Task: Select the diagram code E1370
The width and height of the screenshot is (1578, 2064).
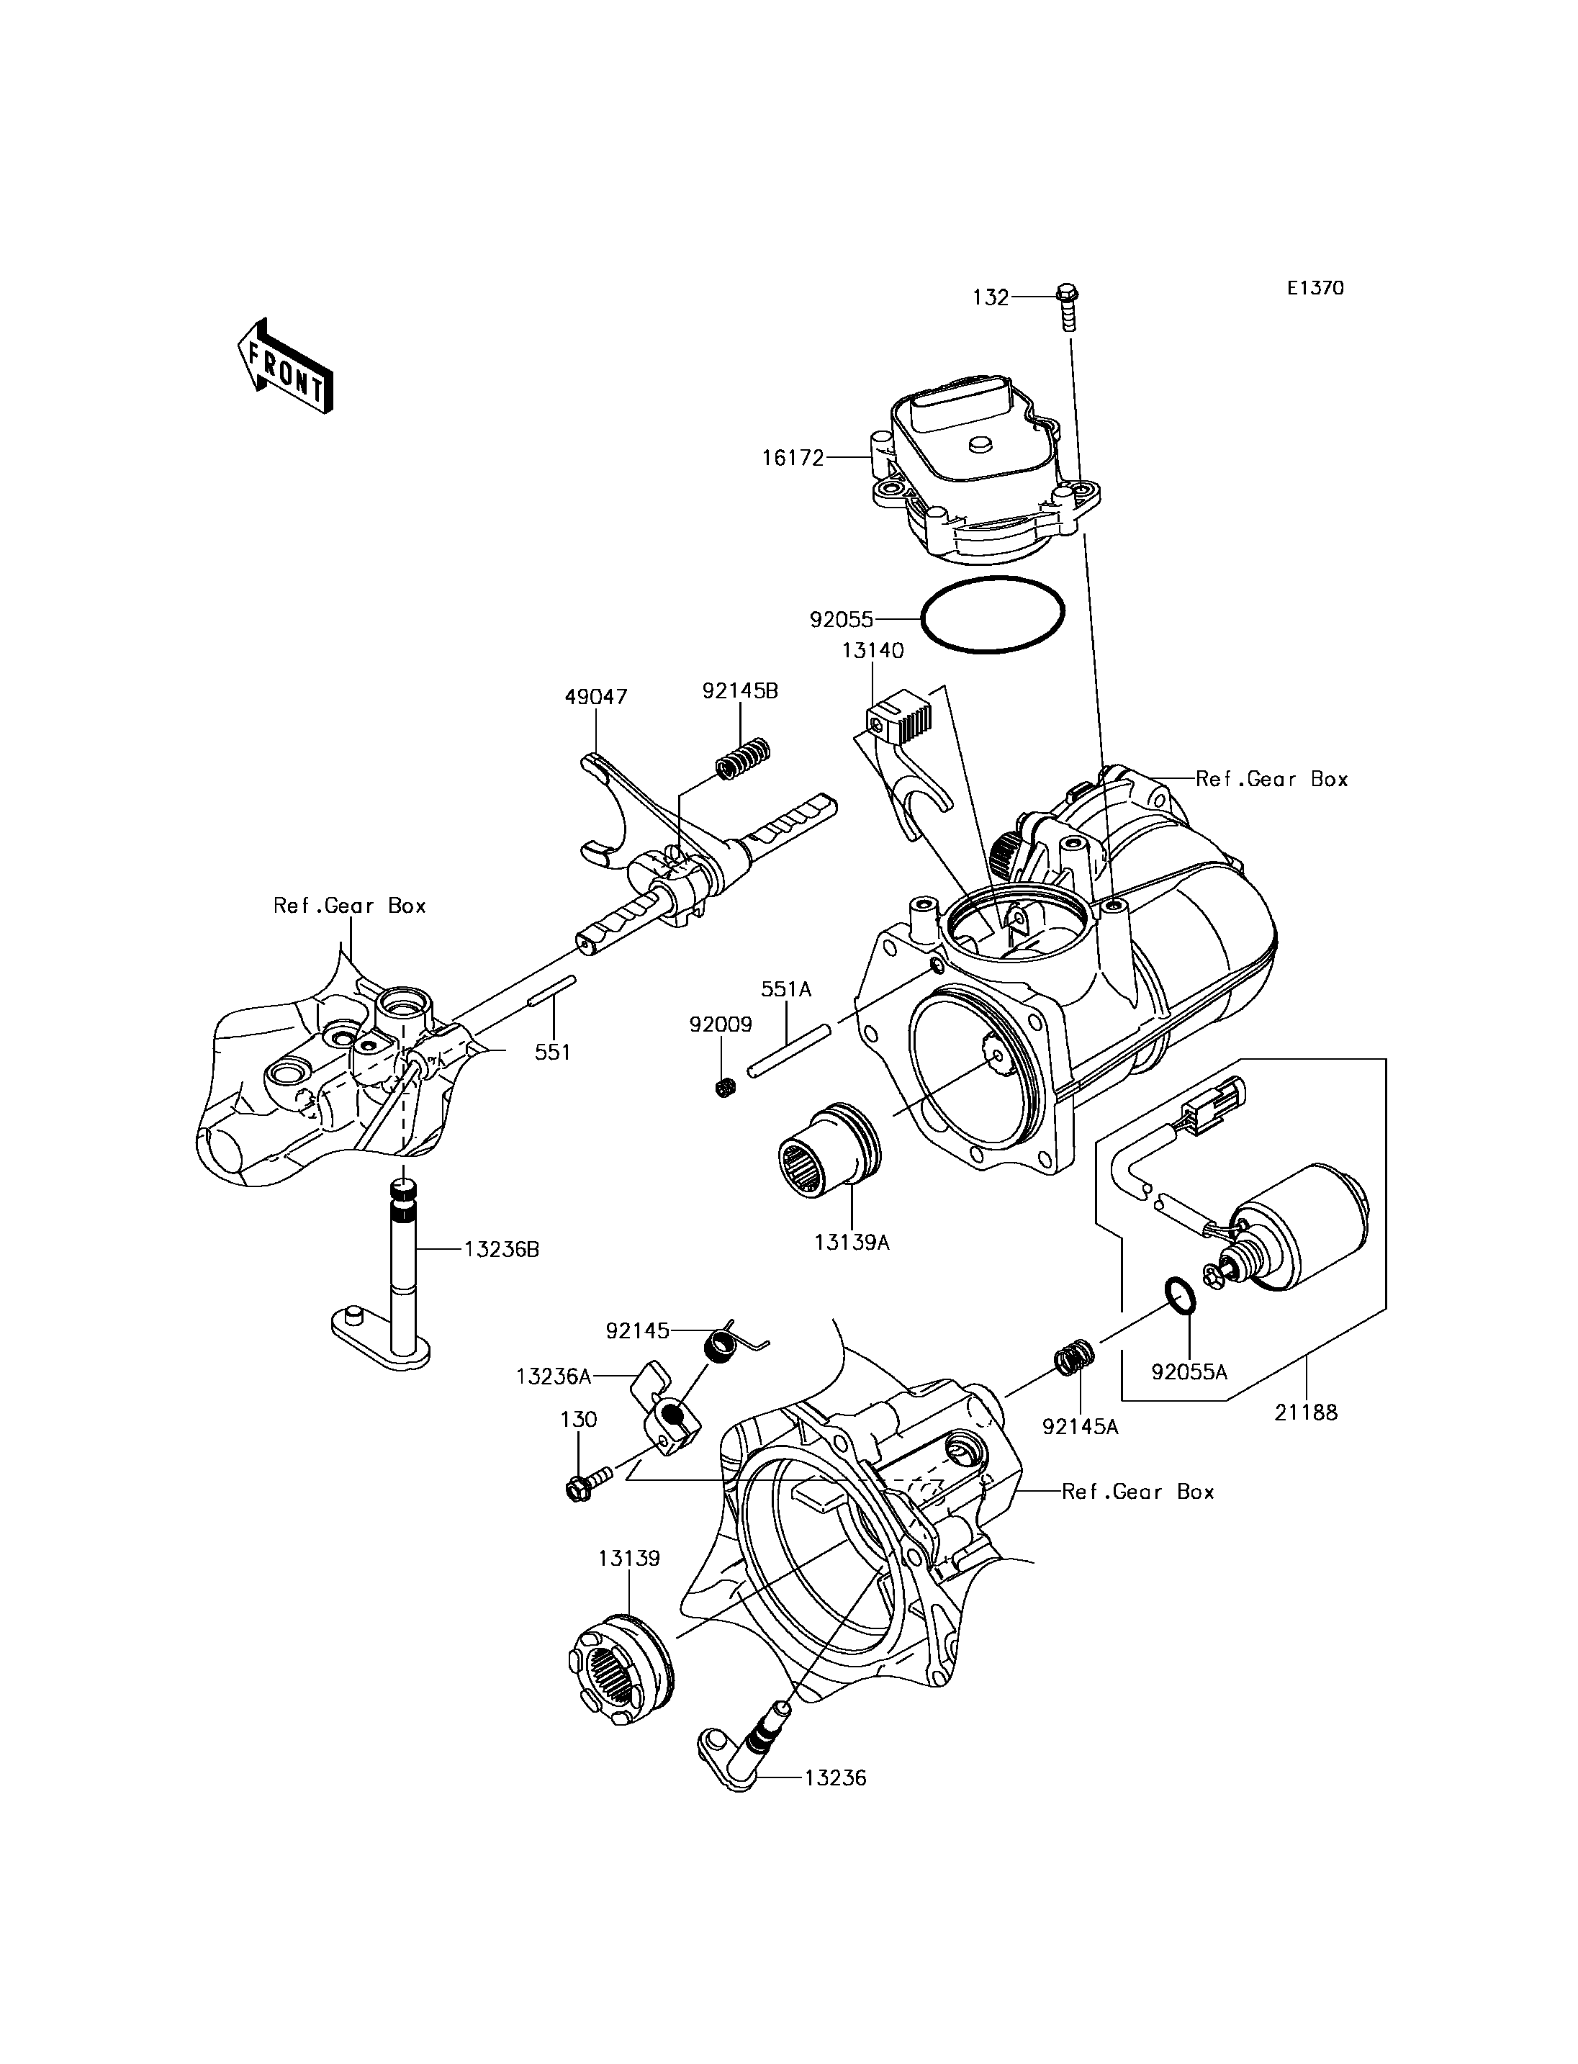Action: (x=1315, y=289)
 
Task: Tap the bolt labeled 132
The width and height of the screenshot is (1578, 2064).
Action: (x=1069, y=305)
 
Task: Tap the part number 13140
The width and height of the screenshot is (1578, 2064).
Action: (x=873, y=650)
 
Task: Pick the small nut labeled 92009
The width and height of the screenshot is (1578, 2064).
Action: (x=724, y=1088)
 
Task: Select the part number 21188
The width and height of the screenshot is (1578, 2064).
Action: (x=1306, y=1438)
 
